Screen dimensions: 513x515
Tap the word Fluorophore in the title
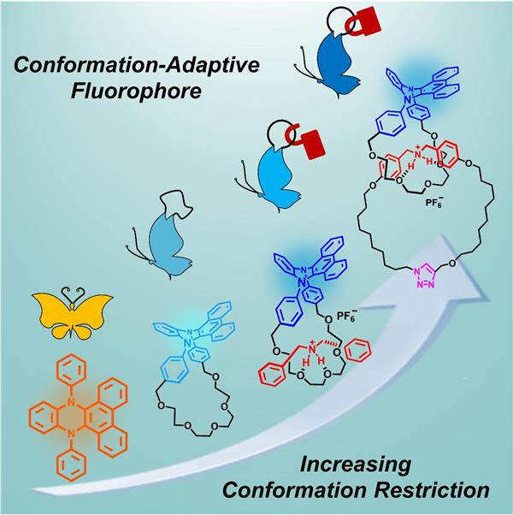point(136,91)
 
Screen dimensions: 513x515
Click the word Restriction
point(432,491)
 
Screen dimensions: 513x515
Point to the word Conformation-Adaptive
point(137,64)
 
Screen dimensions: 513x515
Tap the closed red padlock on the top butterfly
point(363,21)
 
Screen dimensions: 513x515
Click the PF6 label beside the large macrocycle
point(434,201)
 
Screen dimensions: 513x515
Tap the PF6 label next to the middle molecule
point(346,317)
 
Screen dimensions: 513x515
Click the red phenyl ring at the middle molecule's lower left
point(274,376)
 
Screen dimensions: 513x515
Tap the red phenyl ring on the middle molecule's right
point(359,351)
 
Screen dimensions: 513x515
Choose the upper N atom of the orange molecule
point(68,401)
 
